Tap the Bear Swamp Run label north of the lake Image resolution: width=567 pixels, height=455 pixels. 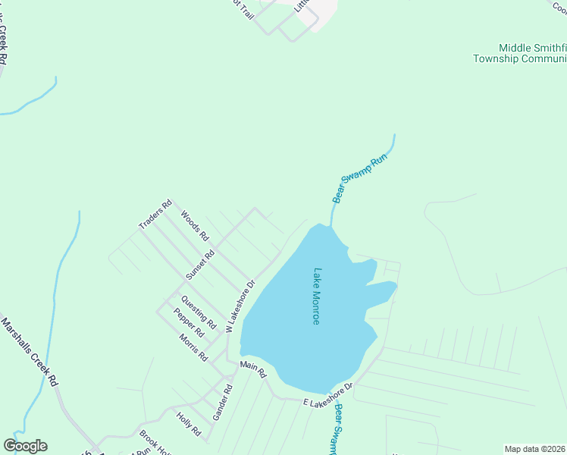click(x=360, y=179)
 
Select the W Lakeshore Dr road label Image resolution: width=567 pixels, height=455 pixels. click(x=240, y=306)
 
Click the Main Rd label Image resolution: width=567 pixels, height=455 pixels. click(x=253, y=369)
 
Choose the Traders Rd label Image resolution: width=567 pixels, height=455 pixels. click(x=156, y=215)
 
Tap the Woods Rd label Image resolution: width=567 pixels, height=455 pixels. click(x=194, y=226)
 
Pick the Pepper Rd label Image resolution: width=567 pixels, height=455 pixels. click(x=189, y=322)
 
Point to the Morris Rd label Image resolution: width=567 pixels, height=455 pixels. click(x=193, y=347)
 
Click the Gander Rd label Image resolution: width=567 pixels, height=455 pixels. click(x=222, y=403)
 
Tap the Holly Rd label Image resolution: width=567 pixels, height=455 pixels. click(x=188, y=424)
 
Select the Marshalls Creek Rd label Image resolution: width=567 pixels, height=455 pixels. click(x=30, y=353)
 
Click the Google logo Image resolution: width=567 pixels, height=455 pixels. click(x=25, y=446)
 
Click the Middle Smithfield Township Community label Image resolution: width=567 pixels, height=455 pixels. click(x=520, y=52)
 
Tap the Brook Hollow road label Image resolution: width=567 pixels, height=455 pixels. click(x=156, y=444)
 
